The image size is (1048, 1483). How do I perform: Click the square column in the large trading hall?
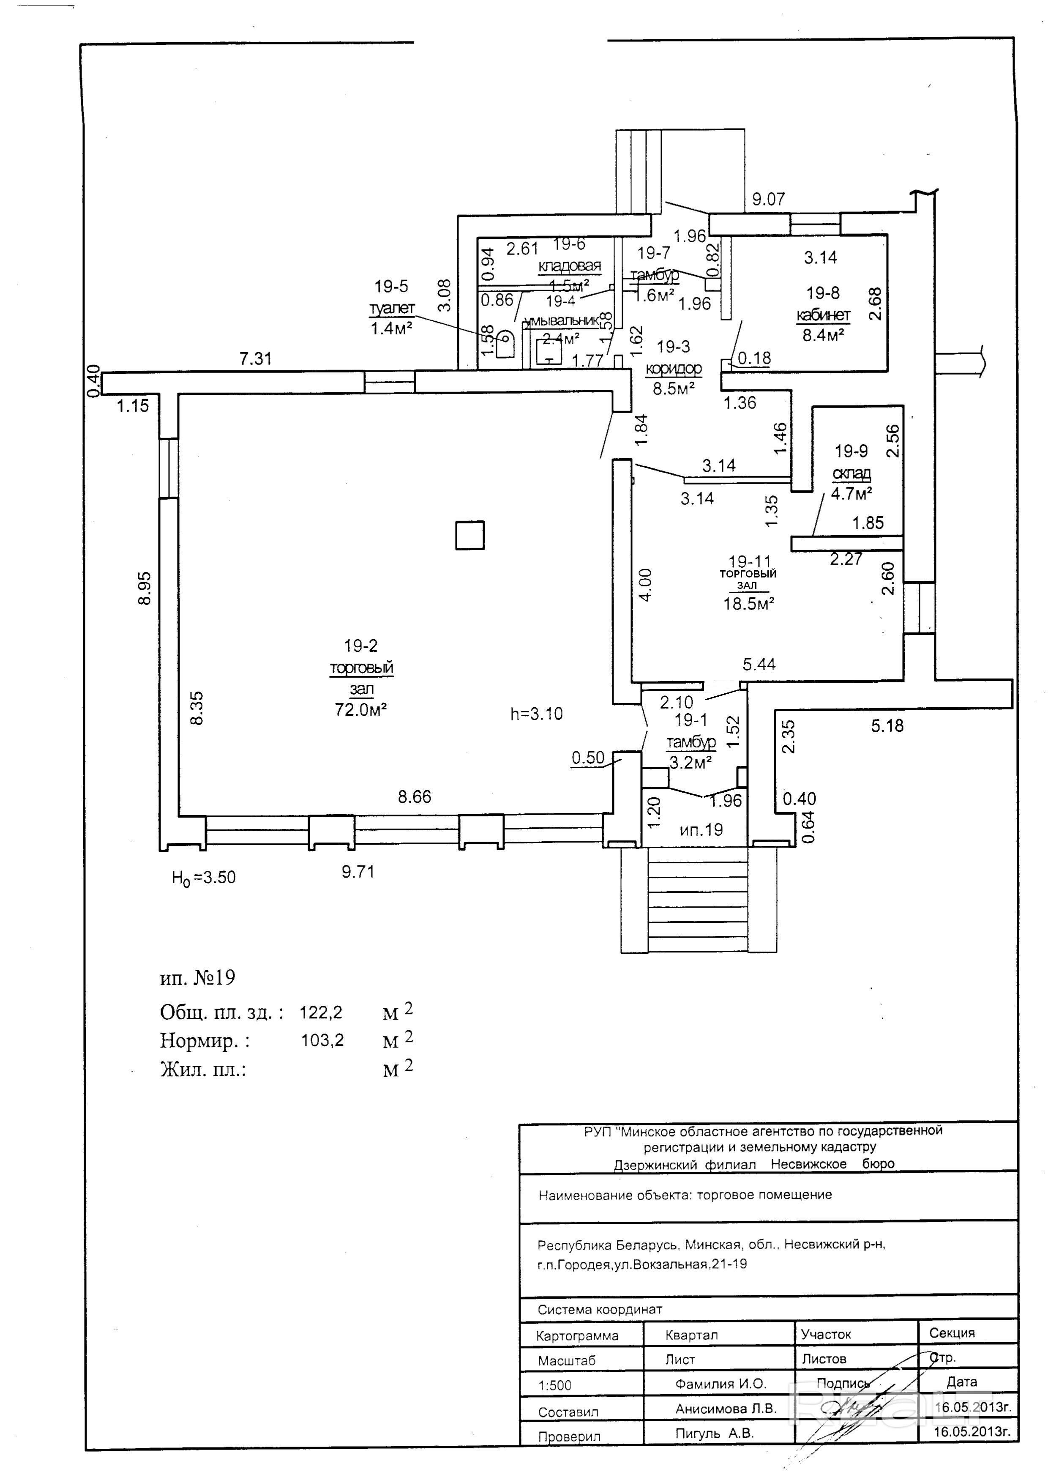[x=469, y=536]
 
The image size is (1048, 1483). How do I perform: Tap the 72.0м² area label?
[x=361, y=710]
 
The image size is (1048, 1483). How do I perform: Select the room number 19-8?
[x=823, y=293]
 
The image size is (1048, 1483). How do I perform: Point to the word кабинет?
[x=823, y=315]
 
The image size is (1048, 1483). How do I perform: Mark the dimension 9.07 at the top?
[x=768, y=200]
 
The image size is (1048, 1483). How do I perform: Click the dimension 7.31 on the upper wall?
[x=256, y=358]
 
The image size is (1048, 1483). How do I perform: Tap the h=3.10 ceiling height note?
[x=537, y=714]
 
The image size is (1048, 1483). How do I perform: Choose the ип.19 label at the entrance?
[x=701, y=829]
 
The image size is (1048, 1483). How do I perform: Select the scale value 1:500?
[x=555, y=1385]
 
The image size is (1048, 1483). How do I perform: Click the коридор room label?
[x=674, y=369]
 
